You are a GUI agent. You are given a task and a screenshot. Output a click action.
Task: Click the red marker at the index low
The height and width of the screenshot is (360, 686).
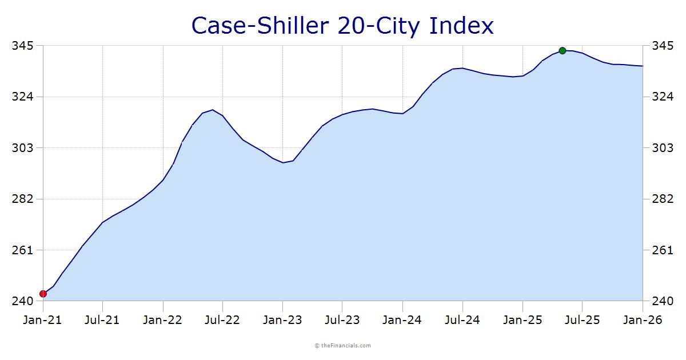click(x=43, y=294)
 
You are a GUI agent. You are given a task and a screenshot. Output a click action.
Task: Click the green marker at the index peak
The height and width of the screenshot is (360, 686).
click(x=563, y=50)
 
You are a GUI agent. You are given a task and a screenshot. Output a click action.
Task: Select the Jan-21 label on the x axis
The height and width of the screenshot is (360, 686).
click(x=42, y=320)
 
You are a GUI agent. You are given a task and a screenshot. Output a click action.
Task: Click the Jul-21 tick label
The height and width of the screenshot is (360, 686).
click(x=102, y=320)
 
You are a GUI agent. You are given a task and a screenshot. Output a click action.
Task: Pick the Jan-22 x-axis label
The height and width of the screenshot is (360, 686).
click(x=163, y=320)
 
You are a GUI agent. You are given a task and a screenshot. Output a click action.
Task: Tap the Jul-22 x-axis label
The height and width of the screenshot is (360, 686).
click(x=222, y=320)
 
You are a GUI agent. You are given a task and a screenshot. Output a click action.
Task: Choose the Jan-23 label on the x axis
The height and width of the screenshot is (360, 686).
click(x=282, y=320)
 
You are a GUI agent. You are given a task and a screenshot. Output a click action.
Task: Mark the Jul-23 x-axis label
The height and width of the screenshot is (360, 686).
click(x=342, y=320)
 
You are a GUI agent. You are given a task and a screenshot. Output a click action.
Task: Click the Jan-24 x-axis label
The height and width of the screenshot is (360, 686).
click(x=402, y=320)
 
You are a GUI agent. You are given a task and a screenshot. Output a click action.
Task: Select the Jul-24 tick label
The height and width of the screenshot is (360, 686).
click(x=462, y=320)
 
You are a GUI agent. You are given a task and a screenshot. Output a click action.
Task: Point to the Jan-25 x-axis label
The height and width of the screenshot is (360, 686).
click(x=523, y=320)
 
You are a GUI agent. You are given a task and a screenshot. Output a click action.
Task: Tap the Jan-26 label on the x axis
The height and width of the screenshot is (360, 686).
click(x=643, y=320)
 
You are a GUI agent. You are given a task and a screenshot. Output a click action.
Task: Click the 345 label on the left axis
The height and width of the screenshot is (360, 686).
click(x=22, y=46)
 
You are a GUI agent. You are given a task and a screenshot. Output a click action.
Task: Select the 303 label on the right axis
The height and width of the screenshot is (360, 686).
click(x=663, y=148)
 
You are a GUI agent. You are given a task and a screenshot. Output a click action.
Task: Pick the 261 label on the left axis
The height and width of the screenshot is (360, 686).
click(x=22, y=250)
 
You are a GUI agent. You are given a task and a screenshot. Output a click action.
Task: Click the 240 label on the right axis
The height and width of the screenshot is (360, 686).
click(x=663, y=301)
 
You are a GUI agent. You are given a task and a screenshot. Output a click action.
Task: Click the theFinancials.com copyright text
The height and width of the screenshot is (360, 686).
click(x=343, y=346)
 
